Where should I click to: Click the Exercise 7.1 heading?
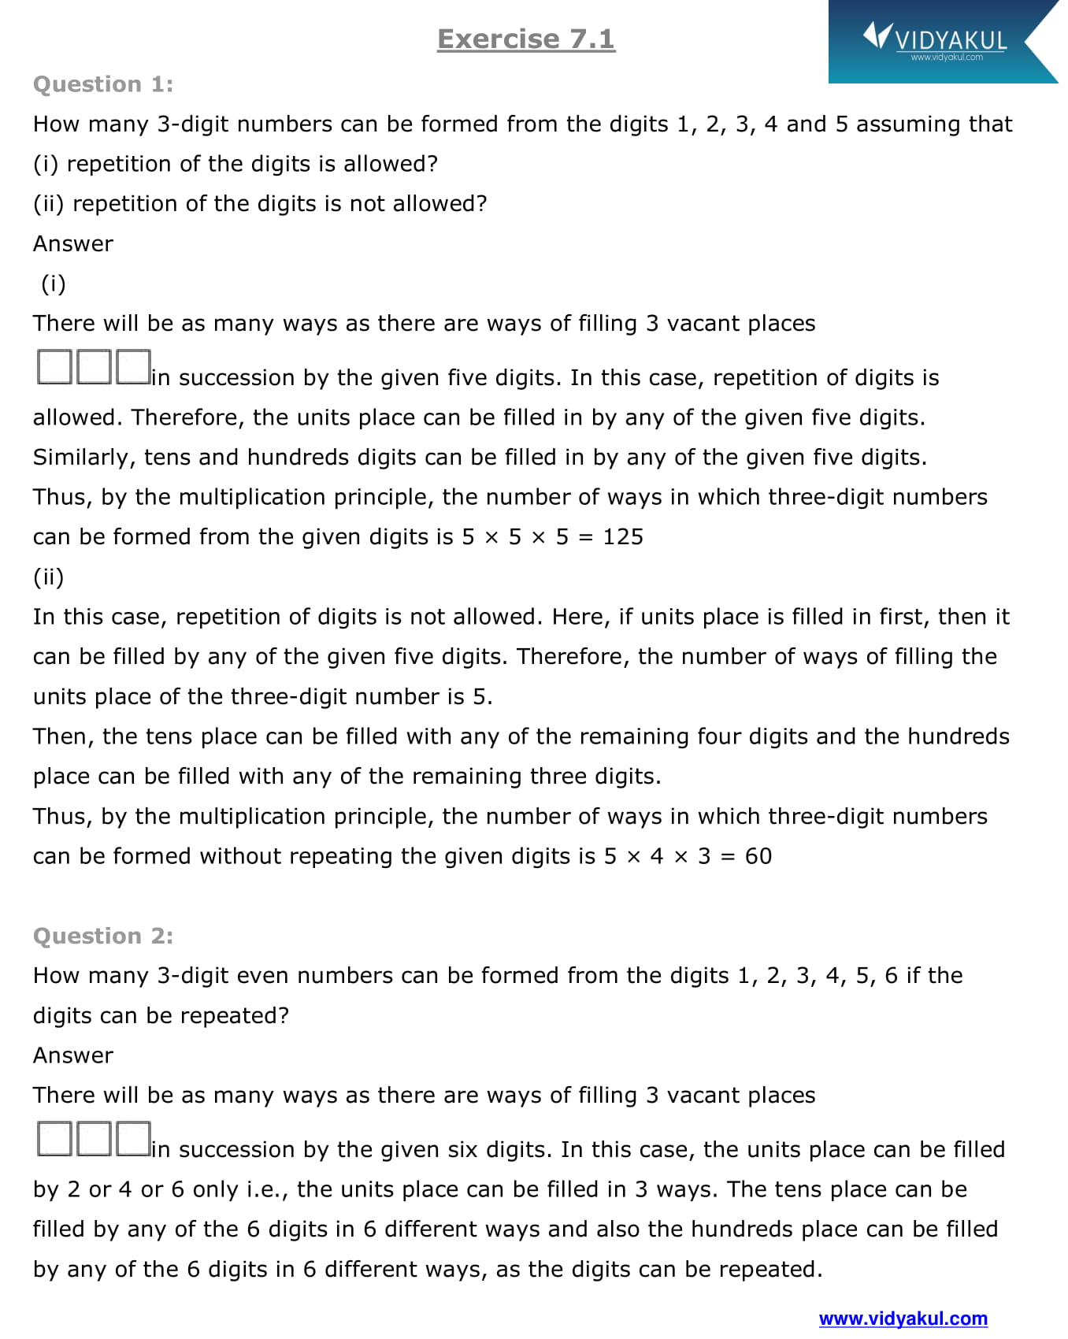(526, 39)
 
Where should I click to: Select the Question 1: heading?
(103, 84)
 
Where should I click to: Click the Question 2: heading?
(103, 936)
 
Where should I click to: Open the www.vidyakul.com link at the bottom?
(903, 1319)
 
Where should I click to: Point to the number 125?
(623, 537)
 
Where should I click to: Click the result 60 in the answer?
(758, 856)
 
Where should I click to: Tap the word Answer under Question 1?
(73, 244)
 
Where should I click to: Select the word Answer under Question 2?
(73, 1055)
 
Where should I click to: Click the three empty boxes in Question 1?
(94, 367)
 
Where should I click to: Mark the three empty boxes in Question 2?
(94, 1139)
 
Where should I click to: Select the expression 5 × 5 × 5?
(515, 537)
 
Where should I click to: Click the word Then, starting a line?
(64, 736)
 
